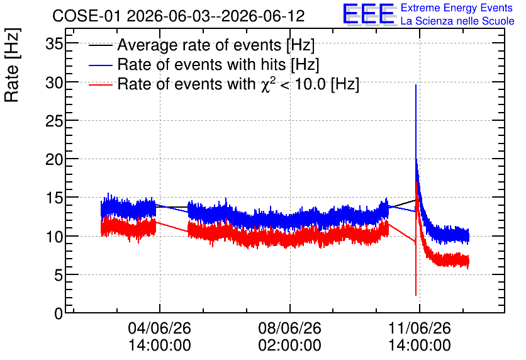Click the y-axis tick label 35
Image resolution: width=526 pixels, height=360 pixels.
click(54, 43)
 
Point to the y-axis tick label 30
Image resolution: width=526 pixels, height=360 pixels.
click(54, 82)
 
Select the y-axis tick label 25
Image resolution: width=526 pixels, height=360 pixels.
click(54, 121)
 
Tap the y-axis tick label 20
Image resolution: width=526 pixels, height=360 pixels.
click(54, 159)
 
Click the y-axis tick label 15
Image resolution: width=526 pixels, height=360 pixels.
click(54, 198)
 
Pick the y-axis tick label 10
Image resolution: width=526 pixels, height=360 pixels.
click(54, 237)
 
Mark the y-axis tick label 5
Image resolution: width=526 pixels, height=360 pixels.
click(59, 276)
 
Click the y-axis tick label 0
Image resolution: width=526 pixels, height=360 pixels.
click(59, 314)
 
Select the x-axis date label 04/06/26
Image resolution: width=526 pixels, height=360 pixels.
click(160, 328)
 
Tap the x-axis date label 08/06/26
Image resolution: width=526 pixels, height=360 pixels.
click(290, 328)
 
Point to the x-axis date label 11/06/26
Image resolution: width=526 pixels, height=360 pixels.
click(420, 328)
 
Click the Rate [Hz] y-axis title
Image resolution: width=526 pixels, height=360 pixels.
click(12, 65)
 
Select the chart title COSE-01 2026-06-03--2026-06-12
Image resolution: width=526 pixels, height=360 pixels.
click(179, 16)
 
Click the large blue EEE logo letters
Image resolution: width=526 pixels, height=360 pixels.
click(369, 14)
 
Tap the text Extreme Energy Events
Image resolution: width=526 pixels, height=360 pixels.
click(457, 8)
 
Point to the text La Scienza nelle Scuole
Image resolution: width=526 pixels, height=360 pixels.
click(457, 21)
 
